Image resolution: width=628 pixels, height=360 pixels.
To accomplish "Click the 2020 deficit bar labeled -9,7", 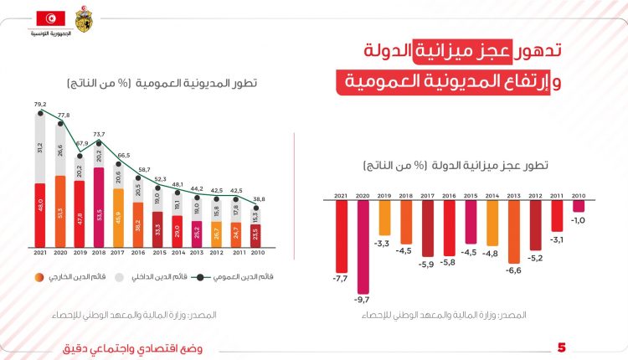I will (363, 247).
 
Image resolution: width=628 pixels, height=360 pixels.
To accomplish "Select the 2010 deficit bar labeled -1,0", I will (579, 206).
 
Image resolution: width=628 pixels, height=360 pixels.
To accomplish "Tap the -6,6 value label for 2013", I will (514, 270).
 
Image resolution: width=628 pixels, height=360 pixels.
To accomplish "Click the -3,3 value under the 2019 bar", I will (384, 243).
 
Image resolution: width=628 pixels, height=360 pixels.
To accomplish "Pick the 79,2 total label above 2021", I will (39, 105).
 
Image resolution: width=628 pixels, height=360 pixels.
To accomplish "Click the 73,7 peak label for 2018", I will (98, 134).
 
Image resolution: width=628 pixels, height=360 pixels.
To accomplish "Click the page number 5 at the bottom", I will (562, 347).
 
